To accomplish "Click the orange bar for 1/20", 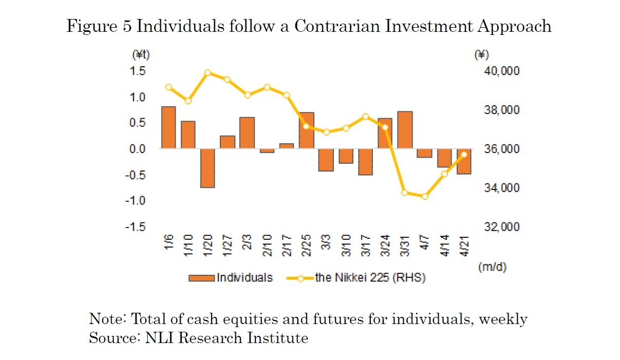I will pos(208,168).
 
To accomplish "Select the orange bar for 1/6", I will pos(168,127).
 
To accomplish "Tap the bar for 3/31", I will pos(405,130).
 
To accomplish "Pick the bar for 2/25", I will pos(306,130).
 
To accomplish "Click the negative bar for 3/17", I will pos(365,162).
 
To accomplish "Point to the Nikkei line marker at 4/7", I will pos(424,196).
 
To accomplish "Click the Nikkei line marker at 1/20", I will pos(208,73).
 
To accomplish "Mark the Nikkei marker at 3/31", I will pos(405,193).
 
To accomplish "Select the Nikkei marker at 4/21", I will pos(464,155).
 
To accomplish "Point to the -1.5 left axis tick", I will pos(136,227).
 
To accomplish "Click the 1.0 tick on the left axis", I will pos(138,97).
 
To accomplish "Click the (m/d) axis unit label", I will pos(492,267).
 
